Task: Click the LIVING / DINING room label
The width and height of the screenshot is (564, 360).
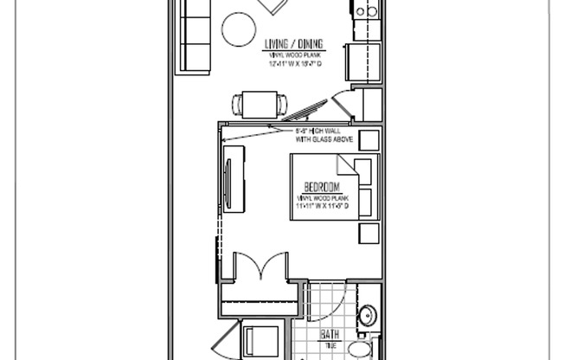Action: (293, 44)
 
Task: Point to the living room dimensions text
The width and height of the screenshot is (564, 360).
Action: (293, 61)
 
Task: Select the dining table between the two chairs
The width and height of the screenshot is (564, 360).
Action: (260, 104)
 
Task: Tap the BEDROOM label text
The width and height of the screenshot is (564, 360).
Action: (320, 187)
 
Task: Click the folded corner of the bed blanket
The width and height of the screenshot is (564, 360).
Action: (345, 164)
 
